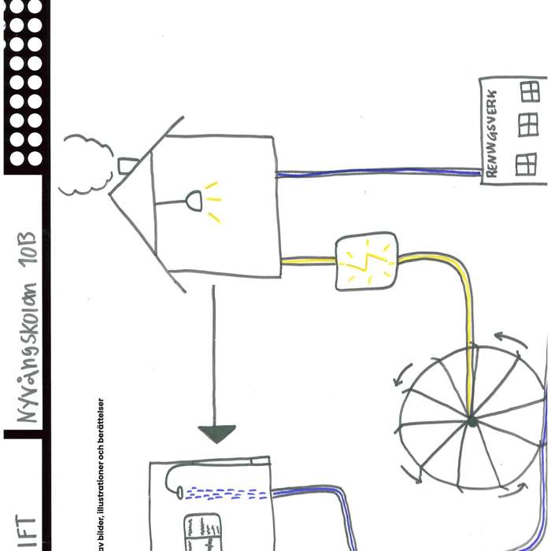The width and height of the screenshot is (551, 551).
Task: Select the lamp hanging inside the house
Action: (192, 202)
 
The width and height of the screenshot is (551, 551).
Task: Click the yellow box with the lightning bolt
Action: (366, 261)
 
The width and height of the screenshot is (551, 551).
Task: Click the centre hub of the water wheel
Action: (471, 422)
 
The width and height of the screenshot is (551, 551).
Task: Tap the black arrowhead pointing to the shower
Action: (216, 434)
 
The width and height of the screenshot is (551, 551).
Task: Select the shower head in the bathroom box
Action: (180, 490)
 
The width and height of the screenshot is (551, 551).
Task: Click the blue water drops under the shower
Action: (224, 495)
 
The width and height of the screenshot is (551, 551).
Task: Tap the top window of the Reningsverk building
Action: (530, 91)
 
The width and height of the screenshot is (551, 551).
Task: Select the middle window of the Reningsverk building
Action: (527, 124)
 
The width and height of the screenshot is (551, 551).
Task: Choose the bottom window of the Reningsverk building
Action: (525, 163)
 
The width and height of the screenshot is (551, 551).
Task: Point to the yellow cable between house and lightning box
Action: (308, 261)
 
